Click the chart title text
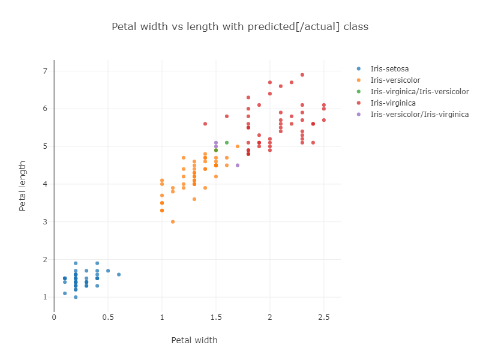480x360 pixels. point(240,26)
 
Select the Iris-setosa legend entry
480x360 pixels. point(389,68)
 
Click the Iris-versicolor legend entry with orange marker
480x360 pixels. point(395,80)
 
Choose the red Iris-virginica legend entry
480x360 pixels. point(393,103)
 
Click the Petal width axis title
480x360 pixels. point(194,340)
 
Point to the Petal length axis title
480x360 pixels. point(23,185)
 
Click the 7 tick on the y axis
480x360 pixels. point(44,71)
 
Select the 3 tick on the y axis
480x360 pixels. point(44,222)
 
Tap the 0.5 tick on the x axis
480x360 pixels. point(108,317)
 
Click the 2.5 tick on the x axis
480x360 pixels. point(324,317)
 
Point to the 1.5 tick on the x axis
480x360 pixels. point(216,317)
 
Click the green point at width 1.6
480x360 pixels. point(227,142)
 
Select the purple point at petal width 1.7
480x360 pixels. point(238,165)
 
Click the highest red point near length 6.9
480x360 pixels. point(302,75)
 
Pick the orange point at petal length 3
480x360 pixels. point(173,221)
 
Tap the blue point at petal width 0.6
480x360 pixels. point(119,274)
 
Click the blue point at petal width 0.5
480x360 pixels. point(108,271)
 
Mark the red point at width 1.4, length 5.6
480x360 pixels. point(205,124)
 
